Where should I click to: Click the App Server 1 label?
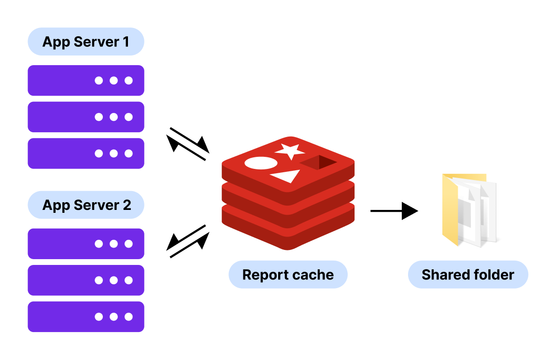point(86,42)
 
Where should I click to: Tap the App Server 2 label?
point(86,205)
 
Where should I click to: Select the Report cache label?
point(288,275)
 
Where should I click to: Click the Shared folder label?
point(467,275)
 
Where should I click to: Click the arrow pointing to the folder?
point(394,211)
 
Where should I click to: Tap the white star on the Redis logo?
point(290,151)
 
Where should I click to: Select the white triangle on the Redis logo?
point(287,176)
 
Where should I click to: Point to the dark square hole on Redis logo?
point(319,163)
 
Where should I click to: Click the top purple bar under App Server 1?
point(86,81)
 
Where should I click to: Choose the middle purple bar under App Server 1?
point(86,117)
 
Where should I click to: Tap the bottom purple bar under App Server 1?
point(86,153)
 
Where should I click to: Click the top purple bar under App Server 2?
point(86,244)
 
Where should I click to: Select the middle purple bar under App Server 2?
point(86,280)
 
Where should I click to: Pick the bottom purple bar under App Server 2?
point(86,317)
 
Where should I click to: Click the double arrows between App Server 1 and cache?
point(188,144)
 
